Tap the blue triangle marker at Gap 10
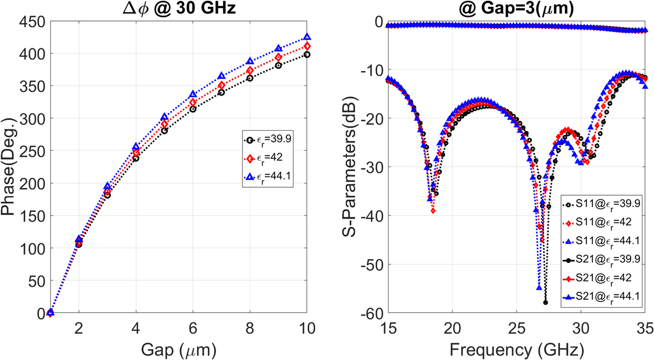click(x=307, y=37)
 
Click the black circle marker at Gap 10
click(x=307, y=55)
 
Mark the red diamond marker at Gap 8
click(x=250, y=71)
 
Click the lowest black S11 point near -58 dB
click(x=545, y=303)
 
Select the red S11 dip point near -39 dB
click(x=433, y=211)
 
